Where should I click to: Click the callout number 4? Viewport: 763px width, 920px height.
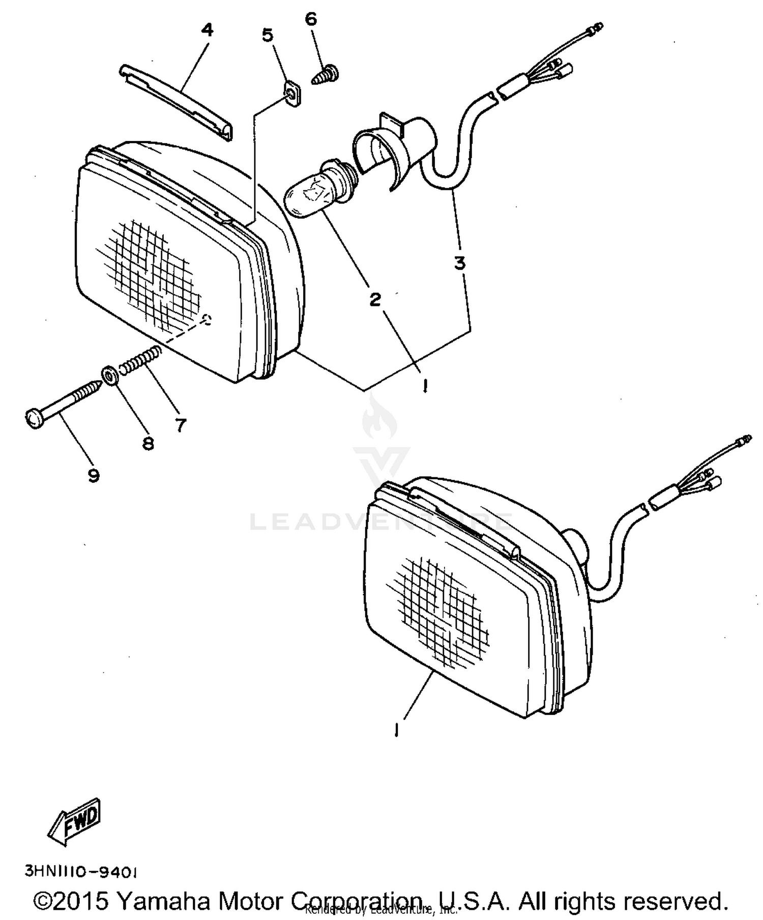(x=207, y=30)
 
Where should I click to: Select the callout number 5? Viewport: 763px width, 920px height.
(x=268, y=36)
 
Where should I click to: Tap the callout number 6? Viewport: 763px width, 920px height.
(x=311, y=19)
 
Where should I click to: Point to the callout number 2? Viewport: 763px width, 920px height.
(x=375, y=299)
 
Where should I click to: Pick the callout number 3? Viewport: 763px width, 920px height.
(x=460, y=263)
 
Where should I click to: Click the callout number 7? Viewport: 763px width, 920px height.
(x=181, y=424)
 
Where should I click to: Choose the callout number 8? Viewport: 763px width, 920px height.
(x=148, y=444)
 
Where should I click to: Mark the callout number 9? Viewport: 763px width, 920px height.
(x=93, y=476)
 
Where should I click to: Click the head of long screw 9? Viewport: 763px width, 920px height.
(x=33, y=419)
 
